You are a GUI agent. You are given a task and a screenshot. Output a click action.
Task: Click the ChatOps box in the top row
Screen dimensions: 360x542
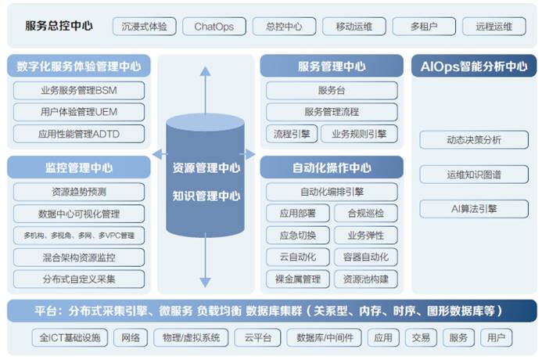coord(214,27)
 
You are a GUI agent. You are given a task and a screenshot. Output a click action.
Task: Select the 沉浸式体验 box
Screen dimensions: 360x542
coord(145,27)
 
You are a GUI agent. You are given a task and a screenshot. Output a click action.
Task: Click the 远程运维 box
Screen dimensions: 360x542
coord(494,27)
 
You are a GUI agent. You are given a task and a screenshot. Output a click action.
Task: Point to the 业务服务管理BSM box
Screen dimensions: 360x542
coord(78,90)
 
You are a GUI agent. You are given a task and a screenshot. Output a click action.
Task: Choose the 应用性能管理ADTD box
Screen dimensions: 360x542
coord(78,134)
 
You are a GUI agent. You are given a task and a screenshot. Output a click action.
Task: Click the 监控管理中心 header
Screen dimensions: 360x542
coord(78,167)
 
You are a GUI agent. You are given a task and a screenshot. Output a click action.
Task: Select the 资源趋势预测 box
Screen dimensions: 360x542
coord(78,192)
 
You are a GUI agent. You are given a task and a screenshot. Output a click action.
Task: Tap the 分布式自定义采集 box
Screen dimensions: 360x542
coord(78,279)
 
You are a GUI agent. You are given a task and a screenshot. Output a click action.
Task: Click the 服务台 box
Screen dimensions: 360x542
coord(332,90)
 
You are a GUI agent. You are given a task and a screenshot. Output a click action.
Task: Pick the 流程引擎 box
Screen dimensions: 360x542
coord(289,134)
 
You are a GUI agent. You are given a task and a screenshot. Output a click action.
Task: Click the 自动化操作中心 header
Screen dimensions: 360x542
coord(332,167)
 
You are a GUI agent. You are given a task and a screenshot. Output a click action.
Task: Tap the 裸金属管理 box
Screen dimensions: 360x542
coord(297,279)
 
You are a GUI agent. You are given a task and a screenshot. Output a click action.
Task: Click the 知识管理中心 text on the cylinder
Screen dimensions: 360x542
coord(206,196)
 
